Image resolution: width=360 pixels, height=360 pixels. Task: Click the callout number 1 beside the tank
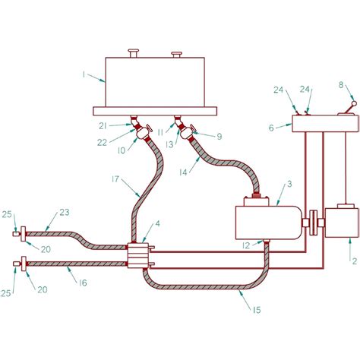(x=85, y=75)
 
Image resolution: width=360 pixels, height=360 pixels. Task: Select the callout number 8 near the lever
(x=341, y=86)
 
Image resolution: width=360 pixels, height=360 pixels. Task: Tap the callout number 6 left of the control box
(x=271, y=128)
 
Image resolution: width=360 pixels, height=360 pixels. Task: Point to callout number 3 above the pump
(x=289, y=184)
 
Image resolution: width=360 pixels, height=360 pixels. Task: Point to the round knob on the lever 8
(x=355, y=99)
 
